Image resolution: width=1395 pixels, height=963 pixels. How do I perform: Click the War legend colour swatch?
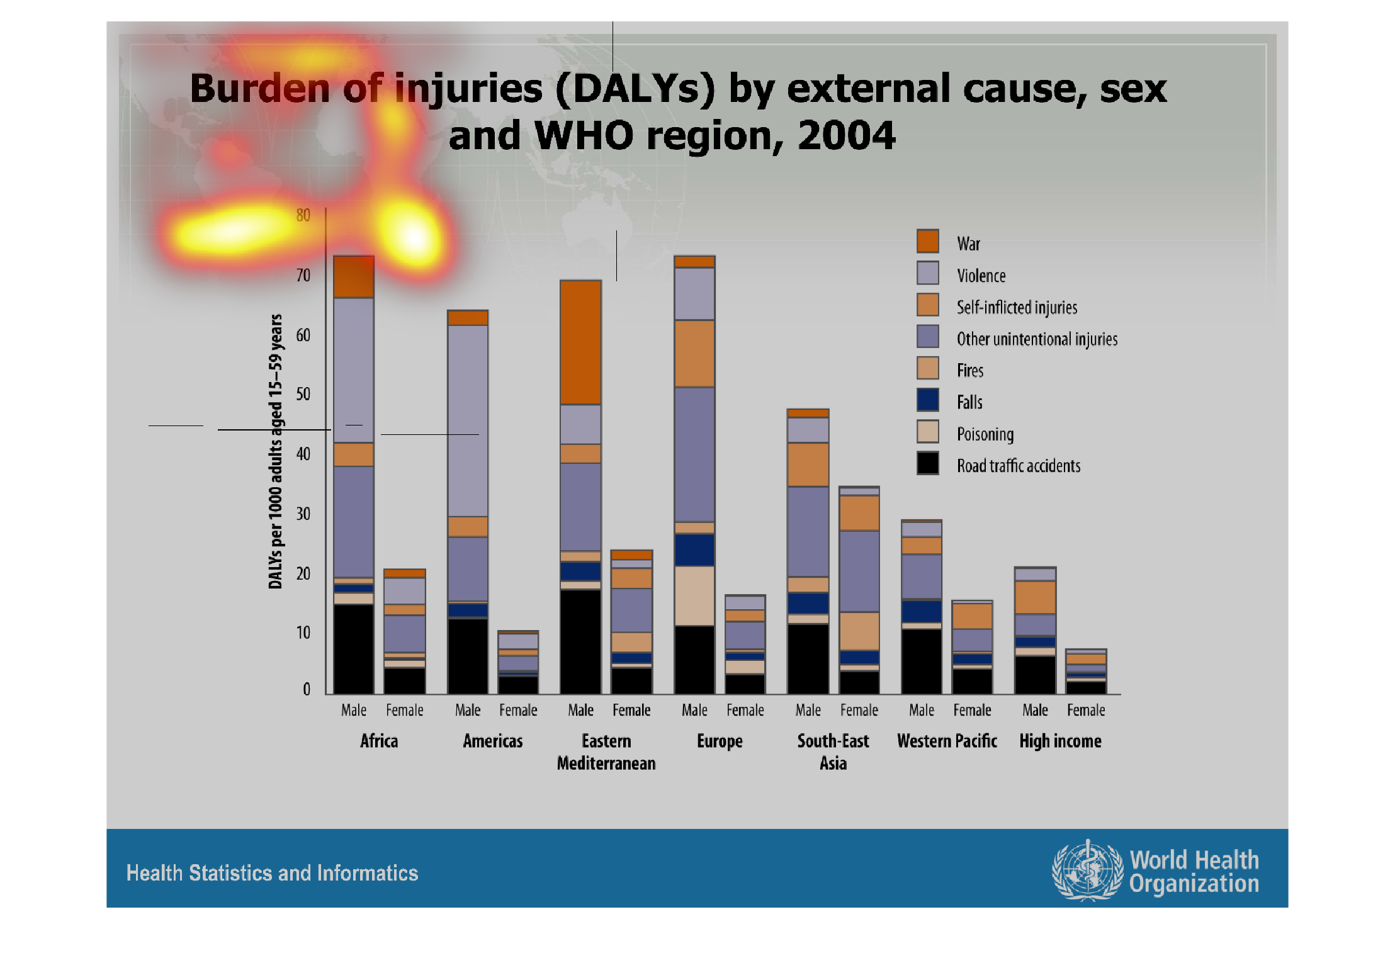[x=927, y=241]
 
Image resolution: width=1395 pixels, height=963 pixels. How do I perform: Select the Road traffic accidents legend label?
[x=1018, y=466]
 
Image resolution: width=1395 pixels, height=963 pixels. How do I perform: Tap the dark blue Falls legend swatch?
[x=927, y=400]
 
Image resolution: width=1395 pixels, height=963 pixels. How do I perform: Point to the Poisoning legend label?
[x=985, y=434]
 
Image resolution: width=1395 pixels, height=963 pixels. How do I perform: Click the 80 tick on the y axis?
[x=303, y=215]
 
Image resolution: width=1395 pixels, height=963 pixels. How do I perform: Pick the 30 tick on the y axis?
[x=303, y=514]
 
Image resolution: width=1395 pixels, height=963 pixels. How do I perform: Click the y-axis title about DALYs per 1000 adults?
[x=275, y=451]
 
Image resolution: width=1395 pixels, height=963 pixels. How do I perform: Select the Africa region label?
[x=379, y=741]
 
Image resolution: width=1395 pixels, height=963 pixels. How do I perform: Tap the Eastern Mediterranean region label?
[x=606, y=752]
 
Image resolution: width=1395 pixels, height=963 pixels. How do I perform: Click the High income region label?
[x=1060, y=741]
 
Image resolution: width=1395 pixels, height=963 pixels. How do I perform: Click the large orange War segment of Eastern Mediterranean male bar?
[x=580, y=342]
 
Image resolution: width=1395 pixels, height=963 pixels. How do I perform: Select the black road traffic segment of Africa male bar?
[x=353, y=648]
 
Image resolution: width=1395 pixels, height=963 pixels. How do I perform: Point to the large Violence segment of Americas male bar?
[x=467, y=420]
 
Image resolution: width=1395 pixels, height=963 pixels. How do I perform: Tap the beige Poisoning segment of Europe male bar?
[x=694, y=595]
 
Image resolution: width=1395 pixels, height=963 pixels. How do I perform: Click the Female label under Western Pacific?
[x=972, y=710]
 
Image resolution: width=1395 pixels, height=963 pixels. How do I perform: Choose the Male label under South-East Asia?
[x=808, y=710]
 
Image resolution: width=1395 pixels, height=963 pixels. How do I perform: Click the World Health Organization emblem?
[x=1087, y=871]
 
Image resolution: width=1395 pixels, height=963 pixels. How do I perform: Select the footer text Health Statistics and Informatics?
[x=272, y=873]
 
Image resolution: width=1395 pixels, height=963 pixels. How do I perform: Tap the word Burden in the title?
[x=259, y=88]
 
